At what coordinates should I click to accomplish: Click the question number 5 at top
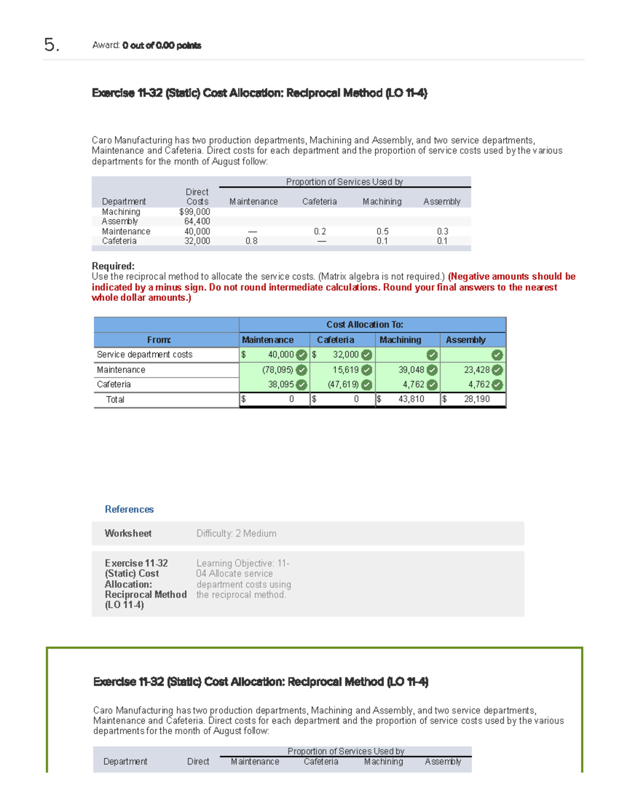[51, 45]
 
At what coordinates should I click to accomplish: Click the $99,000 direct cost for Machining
[194, 211]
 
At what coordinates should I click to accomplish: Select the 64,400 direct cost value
[197, 221]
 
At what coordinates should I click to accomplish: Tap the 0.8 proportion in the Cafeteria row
[251, 241]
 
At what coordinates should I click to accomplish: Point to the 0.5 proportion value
[382, 232]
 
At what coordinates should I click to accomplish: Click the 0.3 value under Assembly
[442, 232]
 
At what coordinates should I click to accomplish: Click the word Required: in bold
[113, 266]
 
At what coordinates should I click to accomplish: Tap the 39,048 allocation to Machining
[411, 370]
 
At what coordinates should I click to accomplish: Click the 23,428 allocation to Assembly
[477, 370]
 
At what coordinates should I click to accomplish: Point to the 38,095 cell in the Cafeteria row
[281, 384]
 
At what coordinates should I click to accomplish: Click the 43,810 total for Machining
[411, 399]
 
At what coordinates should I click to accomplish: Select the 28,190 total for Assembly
[477, 399]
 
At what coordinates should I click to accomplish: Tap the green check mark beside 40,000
[302, 355]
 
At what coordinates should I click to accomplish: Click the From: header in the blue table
[159, 340]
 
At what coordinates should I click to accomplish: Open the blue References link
[129, 510]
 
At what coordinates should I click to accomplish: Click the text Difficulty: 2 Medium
[236, 533]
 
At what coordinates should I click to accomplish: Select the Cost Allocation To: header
[365, 324]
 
